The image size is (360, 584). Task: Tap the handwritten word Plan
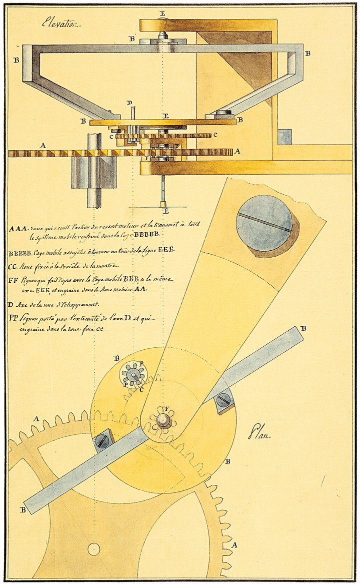(x=259, y=434)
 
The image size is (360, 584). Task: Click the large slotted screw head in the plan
(x=264, y=223)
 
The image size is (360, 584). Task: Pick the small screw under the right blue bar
(x=223, y=400)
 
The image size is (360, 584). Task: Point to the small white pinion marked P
(x=132, y=373)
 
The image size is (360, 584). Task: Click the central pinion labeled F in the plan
(x=163, y=419)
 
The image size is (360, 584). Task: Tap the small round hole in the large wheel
(x=93, y=549)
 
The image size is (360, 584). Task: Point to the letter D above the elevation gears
(x=129, y=103)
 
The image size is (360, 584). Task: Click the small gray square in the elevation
(x=284, y=137)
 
